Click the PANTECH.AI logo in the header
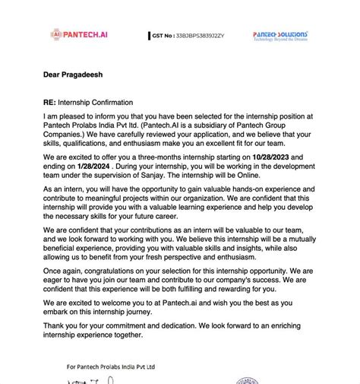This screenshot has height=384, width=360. pyautogui.click(x=80, y=34)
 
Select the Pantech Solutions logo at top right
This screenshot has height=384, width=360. pyautogui.click(x=280, y=36)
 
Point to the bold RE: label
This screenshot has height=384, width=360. pyautogui.click(x=52, y=102)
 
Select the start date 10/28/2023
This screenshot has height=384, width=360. pyautogui.click(x=270, y=157)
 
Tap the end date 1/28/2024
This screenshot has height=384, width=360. pyautogui.click(x=91, y=165)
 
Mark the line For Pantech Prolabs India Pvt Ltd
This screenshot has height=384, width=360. pyautogui.click(x=111, y=367)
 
